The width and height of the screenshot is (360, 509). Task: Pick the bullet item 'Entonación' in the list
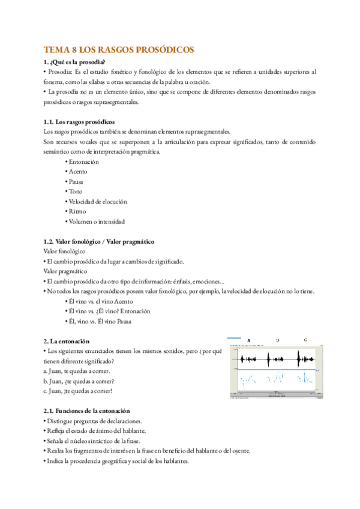[82, 162]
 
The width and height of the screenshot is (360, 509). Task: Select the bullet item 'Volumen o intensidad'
[95, 221]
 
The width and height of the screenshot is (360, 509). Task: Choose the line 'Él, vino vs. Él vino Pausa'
[99, 321]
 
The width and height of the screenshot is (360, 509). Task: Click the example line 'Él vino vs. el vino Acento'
[99, 301]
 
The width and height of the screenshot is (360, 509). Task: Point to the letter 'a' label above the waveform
[248, 340]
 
